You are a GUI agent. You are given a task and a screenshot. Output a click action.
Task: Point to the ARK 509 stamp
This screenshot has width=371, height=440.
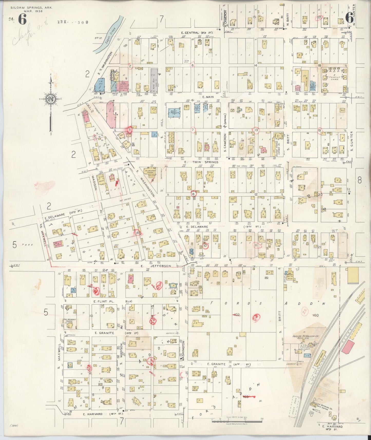[73, 22]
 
